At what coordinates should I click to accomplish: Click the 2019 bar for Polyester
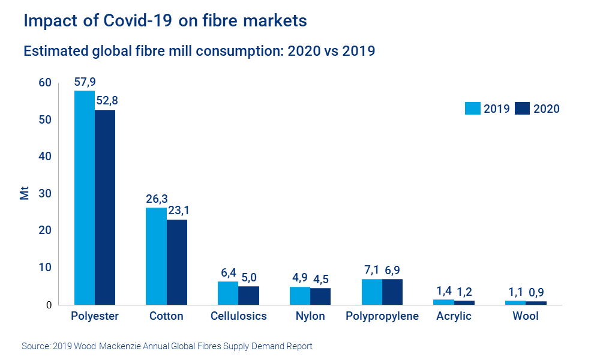(x=85, y=198)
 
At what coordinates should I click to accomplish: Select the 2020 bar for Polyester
(x=105, y=207)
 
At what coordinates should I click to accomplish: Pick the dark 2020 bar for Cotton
(x=177, y=262)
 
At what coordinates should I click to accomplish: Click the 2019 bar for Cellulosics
(x=228, y=293)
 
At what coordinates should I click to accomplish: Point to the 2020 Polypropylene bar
(x=392, y=292)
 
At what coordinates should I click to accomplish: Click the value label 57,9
(x=85, y=81)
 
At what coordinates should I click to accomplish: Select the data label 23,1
(x=177, y=211)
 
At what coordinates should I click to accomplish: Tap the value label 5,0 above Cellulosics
(x=248, y=277)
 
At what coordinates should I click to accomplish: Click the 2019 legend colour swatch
(x=473, y=109)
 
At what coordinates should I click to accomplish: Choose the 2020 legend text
(x=546, y=109)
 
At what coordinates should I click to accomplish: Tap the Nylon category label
(x=310, y=316)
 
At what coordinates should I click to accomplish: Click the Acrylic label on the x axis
(x=454, y=316)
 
